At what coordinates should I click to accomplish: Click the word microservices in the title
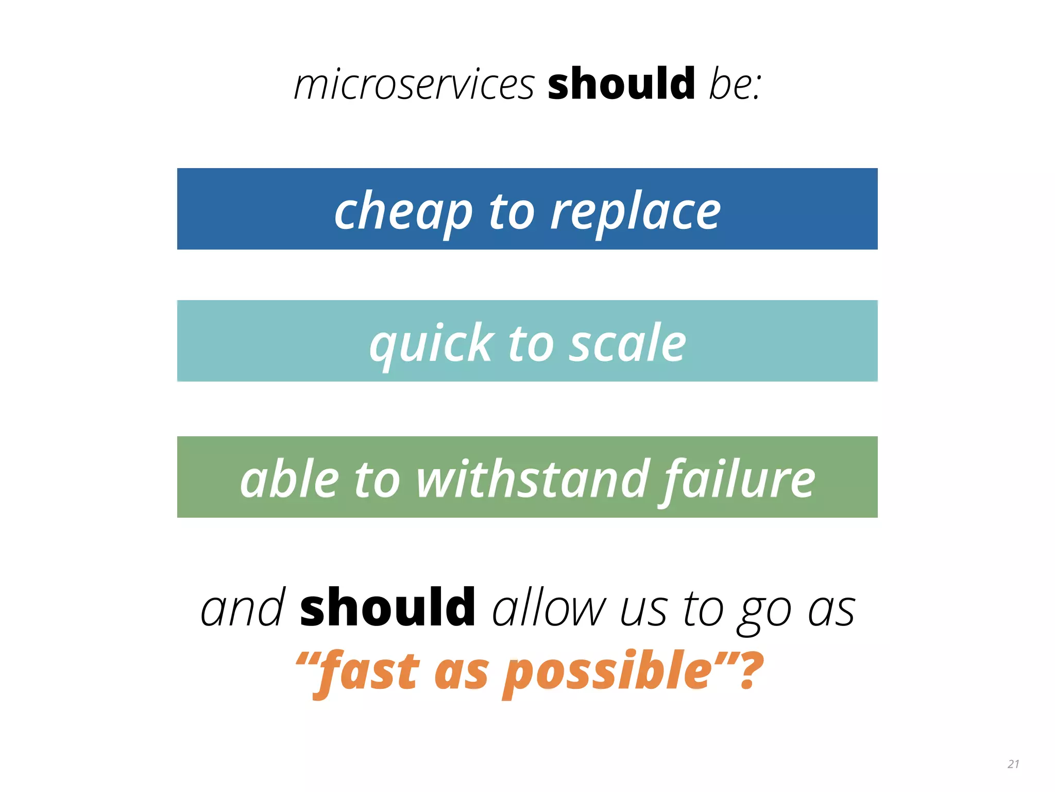[x=414, y=85]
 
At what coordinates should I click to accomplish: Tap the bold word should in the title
[x=621, y=84]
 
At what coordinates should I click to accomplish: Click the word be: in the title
[x=735, y=85]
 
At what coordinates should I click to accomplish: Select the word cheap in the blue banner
[x=403, y=211]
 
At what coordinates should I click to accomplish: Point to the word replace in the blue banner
[x=635, y=211]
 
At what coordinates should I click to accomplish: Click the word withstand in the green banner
[x=533, y=479]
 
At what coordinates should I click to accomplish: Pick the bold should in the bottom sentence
[x=387, y=608]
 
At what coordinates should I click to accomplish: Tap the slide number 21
[x=1013, y=764]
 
